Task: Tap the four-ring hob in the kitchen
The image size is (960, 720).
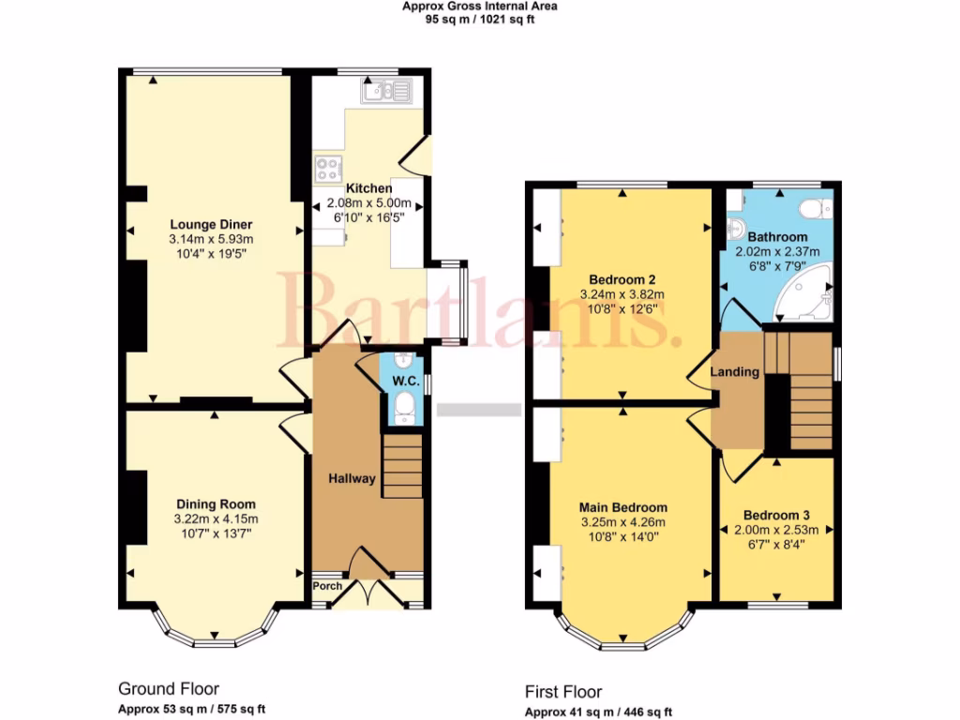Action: [x=328, y=169]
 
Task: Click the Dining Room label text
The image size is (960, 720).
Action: [x=215, y=504]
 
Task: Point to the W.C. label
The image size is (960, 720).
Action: [x=405, y=381]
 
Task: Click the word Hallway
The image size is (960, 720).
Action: [x=352, y=479]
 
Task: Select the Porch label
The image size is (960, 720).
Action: [x=327, y=587]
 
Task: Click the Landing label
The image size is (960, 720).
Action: [x=735, y=372]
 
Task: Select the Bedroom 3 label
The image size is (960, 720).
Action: [x=775, y=515]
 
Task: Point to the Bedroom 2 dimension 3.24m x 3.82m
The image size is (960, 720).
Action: [x=622, y=294]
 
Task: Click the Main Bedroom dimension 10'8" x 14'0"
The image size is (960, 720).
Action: [x=622, y=537]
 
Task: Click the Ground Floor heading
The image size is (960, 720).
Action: [x=169, y=689]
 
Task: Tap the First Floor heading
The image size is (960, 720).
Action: [x=563, y=692]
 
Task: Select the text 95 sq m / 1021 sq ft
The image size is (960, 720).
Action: [x=480, y=19]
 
